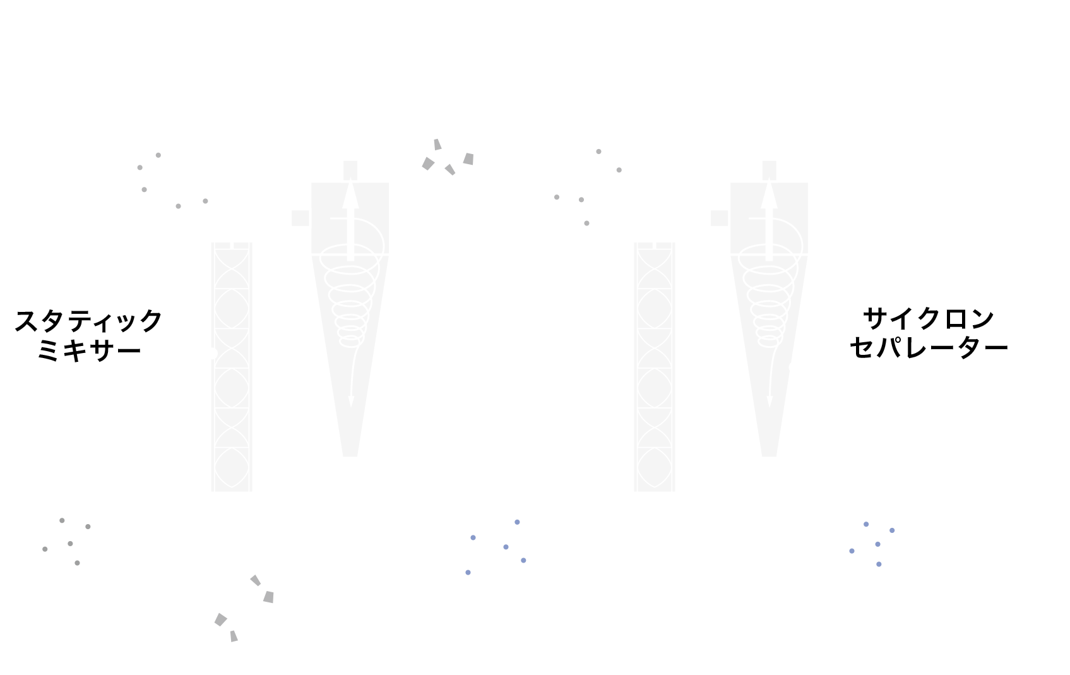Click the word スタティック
click(x=88, y=321)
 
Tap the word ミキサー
click(x=89, y=350)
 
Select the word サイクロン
click(x=928, y=319)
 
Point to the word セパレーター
click(x=929, y=347)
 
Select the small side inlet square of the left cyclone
click(x=300, y=218)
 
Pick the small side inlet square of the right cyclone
click(x=719, y=218)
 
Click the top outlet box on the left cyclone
click(x=350, y=170)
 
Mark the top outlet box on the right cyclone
click(x=769, y=170)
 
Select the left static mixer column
click(x=232, y=367)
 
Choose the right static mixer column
click(x=655, y=367)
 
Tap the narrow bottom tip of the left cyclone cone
click(x=350, y=455)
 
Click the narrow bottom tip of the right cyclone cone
click(x=769, y=455)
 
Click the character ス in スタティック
click(x=27, y=321)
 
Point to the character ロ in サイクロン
click(x=955, y=319)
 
